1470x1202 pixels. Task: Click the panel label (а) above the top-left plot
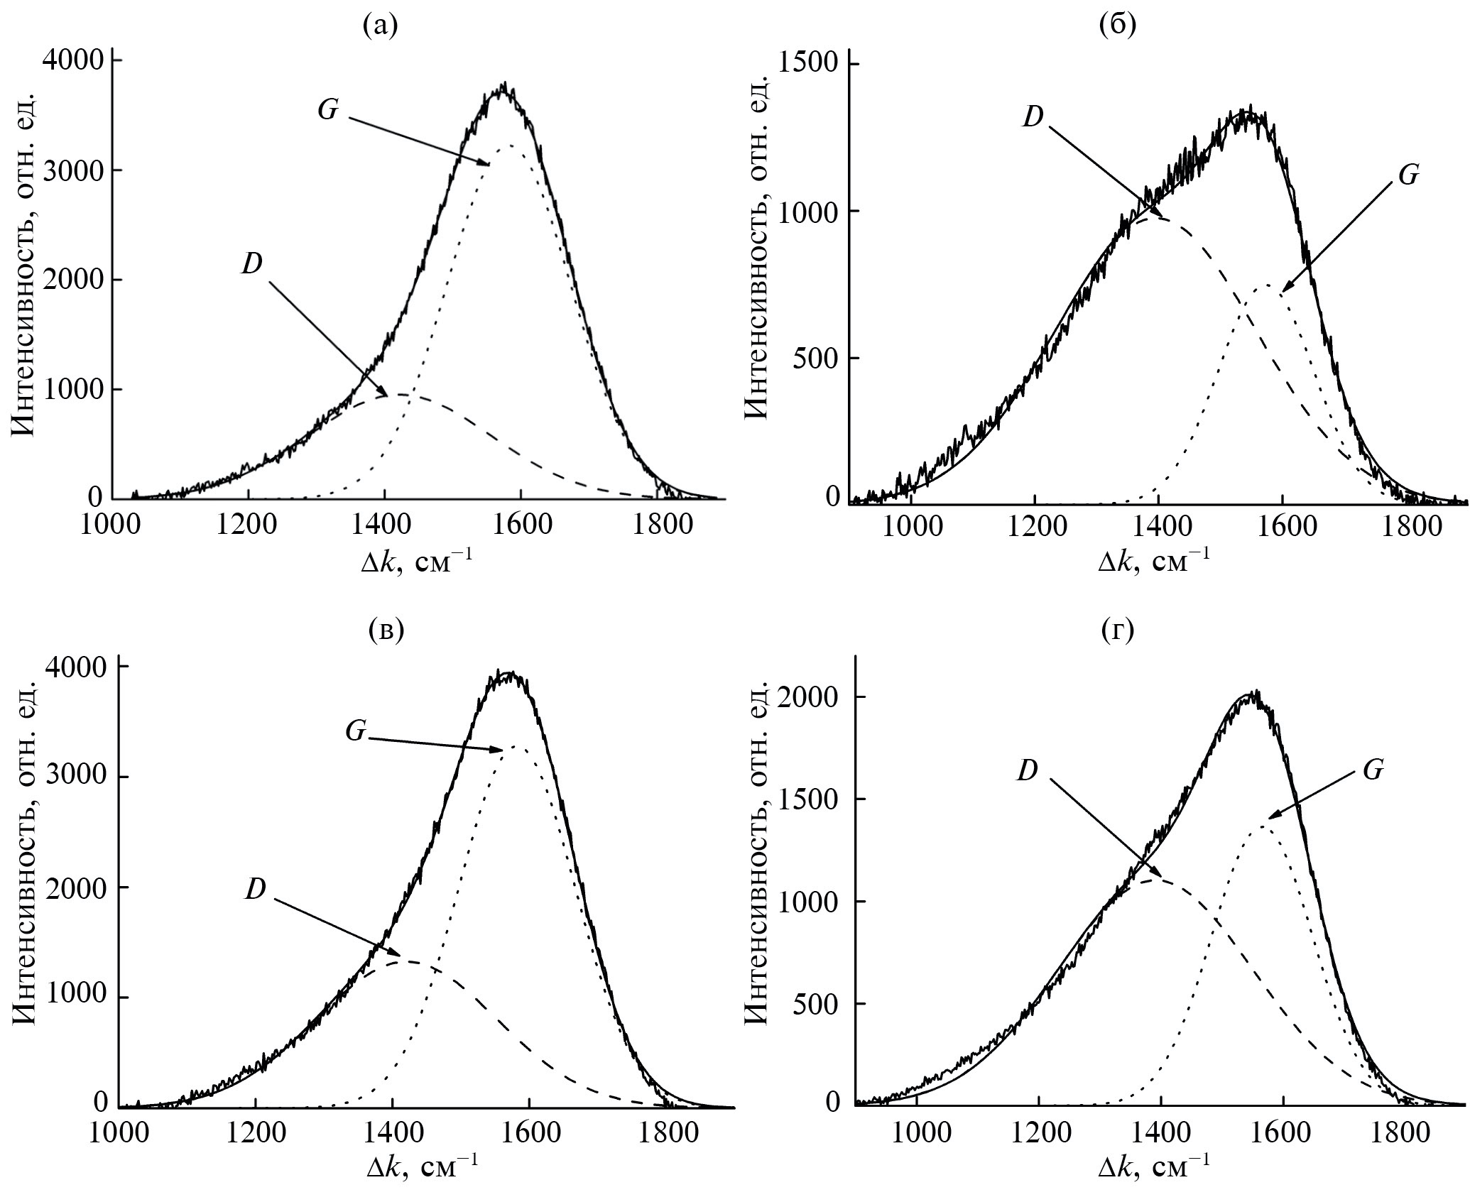coord(380,26)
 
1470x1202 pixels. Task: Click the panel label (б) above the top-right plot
coord(1117,26)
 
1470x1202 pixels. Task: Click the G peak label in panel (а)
coord(327,111)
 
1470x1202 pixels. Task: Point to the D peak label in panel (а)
coord(252,264)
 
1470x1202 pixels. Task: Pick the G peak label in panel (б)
coord(1408,175)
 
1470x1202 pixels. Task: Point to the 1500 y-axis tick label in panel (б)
coord(810,65)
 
